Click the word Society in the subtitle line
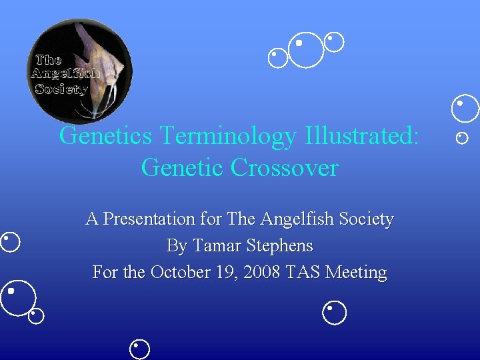365,219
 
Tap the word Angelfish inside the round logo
65,73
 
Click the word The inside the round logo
48,60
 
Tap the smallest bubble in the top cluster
277,57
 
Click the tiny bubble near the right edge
462,138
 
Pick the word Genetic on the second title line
183,167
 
